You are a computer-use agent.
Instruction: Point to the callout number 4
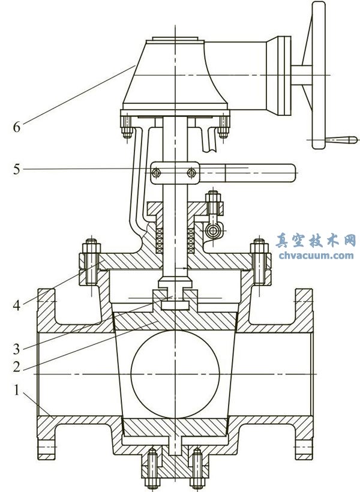point(17,305)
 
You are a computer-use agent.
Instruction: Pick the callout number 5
point(17,169)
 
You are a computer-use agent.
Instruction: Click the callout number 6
point(17,127)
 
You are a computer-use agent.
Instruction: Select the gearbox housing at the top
point(174,78)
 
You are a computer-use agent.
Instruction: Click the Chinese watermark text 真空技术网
point(316,241)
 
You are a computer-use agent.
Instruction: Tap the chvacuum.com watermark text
point(316,256)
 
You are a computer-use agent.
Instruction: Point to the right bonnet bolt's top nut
point(259,246)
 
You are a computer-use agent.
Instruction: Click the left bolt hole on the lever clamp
point(156,174)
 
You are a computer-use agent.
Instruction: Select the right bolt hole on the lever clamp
point(191,174)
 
